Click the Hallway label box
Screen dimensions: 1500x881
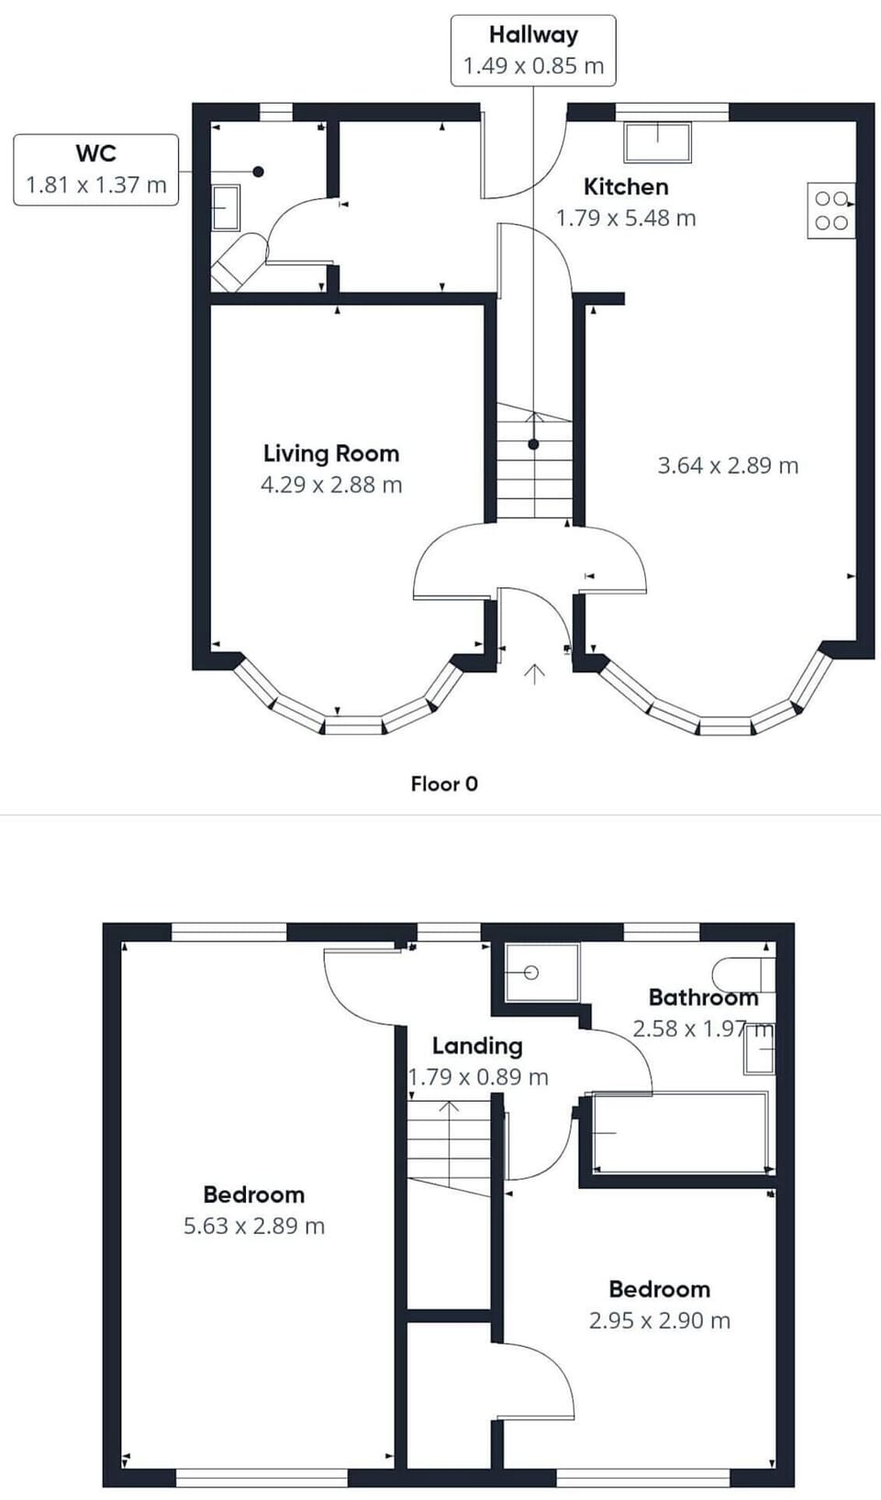[x=533, y=50]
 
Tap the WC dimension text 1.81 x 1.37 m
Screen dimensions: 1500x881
[x=95, y=184]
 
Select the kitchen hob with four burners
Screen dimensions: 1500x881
[x=831, y=211]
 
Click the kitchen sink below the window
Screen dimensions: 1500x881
[x=657, y=141]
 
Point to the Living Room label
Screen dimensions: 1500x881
[x=331, y=453]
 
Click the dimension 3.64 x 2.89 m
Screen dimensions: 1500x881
[x=728, y=465]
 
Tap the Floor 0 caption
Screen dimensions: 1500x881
[x=444, y=783]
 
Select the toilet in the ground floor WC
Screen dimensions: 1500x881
[x=239, y=259]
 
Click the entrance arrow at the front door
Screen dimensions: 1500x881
[x=534, y=674]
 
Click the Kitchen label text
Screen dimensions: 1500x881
[x=626, y=186]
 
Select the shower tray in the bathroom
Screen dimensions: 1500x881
[x=542, y=972]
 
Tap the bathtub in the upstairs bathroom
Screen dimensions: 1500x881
[x=680, y=1132]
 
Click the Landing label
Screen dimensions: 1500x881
[x=477, y=1046]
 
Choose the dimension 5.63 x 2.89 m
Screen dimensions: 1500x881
[x=254, y=1226]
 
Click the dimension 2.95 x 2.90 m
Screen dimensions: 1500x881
[x=660, y=1320]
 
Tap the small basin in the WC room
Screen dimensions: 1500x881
[x=226, y=207]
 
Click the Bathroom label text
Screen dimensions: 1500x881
[x=703, y=997]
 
